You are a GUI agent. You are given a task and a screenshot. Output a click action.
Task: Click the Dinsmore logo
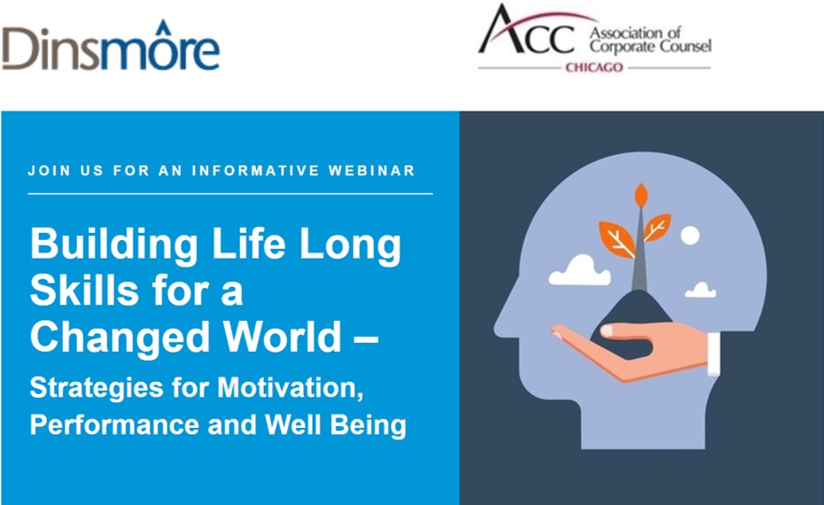coord(111,47)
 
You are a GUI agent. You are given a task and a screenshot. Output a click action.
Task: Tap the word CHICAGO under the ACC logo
coord(595,67)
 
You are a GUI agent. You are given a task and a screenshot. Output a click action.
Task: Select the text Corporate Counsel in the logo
coord(650,46)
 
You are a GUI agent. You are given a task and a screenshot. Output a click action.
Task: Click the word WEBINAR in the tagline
coord(372,171)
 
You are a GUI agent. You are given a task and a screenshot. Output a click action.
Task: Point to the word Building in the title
coord(114,245)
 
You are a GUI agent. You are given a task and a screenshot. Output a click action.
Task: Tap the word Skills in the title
coord(86,290)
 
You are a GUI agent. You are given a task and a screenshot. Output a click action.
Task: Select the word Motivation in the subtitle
coord(290,388)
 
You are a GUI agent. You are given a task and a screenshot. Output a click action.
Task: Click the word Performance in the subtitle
coord(114,424)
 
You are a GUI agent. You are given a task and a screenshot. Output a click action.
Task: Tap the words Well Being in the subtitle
coord(336,424)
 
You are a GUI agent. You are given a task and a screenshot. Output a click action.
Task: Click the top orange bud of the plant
coord(641,194)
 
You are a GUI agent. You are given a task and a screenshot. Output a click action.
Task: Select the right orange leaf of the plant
coord(657,227)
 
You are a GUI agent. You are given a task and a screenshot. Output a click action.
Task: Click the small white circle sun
coord(690,236)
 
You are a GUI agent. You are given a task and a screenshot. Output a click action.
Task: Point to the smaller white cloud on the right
coord(701,290)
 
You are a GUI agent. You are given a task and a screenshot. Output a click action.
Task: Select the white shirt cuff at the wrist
coord(713,353)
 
